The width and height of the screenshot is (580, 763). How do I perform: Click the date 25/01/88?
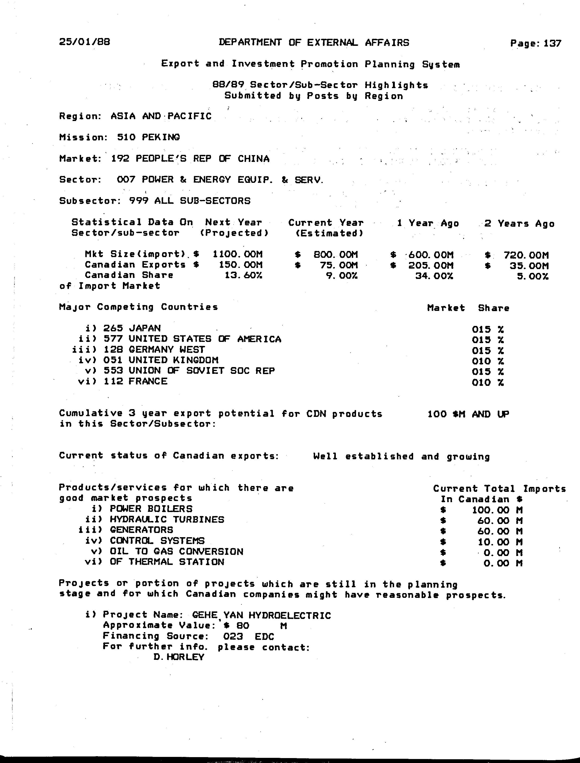tap(85, 42)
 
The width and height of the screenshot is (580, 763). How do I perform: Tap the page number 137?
tap(552, 43)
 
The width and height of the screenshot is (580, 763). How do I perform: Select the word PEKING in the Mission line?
tap(161, 137)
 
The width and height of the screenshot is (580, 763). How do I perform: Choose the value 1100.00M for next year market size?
tap(238, 254)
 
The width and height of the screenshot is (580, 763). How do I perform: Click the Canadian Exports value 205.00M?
tap(431, 266)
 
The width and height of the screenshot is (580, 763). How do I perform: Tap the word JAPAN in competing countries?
tap(145, 328)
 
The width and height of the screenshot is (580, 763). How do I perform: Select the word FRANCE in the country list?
tap(148, 382)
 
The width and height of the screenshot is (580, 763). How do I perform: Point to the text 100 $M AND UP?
tap(468, 414)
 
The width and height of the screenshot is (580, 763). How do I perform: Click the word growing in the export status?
tap(468, 457)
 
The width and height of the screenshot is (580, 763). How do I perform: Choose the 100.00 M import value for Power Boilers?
tap(497, 510)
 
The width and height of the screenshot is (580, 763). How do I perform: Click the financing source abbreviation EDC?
tap(264, 636)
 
